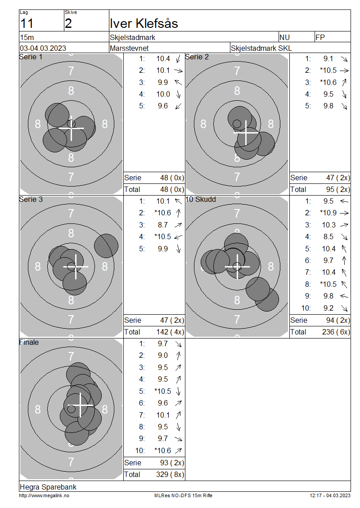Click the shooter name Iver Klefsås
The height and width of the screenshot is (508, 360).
pos(144,24)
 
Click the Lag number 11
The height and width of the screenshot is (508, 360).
pos(27,24)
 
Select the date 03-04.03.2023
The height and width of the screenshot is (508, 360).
pos(43,48)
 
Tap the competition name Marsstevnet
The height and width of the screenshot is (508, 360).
pos(129,48)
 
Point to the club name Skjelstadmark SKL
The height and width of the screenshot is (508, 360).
pos(261,48)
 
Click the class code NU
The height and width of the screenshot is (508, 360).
pos(284,38)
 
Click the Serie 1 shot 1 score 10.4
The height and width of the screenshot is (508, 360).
pos(163,58)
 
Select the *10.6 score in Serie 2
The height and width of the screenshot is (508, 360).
pos(328,83)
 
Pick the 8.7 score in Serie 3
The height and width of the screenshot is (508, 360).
pos(163,225)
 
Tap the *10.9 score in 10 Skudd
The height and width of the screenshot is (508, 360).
pos(328,213)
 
